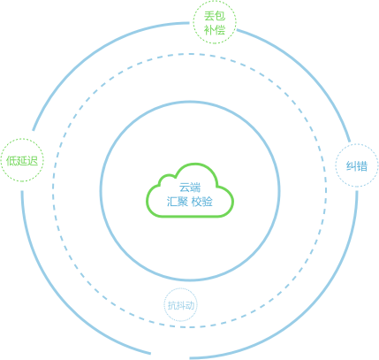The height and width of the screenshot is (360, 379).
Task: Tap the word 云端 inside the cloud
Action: click(190, 188)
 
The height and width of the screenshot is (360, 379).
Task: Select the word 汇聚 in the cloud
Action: click(178, 202)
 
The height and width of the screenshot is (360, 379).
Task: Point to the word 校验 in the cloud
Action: click(202, 202)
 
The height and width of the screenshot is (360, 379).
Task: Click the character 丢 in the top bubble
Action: click(209, 16)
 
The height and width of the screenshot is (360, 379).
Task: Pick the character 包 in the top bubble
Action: click(220, 16)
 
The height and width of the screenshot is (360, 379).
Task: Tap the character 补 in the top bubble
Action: click(209, 30)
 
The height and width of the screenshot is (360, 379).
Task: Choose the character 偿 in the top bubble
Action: click(220, 30)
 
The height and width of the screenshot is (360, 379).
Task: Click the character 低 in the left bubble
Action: click(11, 161)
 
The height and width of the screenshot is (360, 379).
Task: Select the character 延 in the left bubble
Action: click(22, 161)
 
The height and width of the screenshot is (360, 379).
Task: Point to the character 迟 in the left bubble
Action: click(33, 161)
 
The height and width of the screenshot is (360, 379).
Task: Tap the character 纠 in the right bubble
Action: click(352, 166)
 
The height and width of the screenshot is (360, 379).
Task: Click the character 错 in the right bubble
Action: click(362, 166)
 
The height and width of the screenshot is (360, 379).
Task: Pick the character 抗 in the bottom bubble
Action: click(172, 305)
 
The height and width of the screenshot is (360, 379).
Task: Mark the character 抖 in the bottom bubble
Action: click(181, 305)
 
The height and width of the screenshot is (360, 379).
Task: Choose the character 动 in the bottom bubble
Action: click(190, 305)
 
